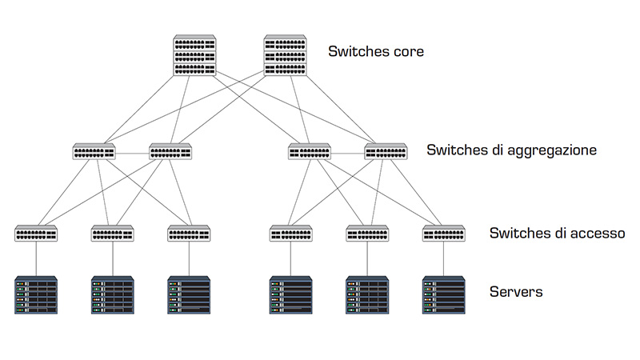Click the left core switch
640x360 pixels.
pos(194,56)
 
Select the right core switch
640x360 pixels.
pos(286,56)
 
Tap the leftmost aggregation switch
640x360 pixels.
pos(94,150)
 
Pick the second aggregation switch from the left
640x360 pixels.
pos(170,150)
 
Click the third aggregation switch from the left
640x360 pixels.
pos(310,150)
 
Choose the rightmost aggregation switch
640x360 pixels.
pos(386,150)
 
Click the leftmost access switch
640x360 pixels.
pos(36,234)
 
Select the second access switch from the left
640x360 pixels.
pos(113,234)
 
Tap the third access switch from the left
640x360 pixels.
pos(189,234)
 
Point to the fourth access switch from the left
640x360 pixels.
pos(290,234)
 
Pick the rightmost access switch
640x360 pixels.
pos(444,234)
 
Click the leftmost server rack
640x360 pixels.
pos(36,294)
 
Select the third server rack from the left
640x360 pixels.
pos(189,294)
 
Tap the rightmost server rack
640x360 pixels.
pos(444,294)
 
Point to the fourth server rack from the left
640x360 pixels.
pos(290,294)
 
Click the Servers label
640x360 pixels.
pos(516,292)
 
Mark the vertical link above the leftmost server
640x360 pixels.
pos(36,258)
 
